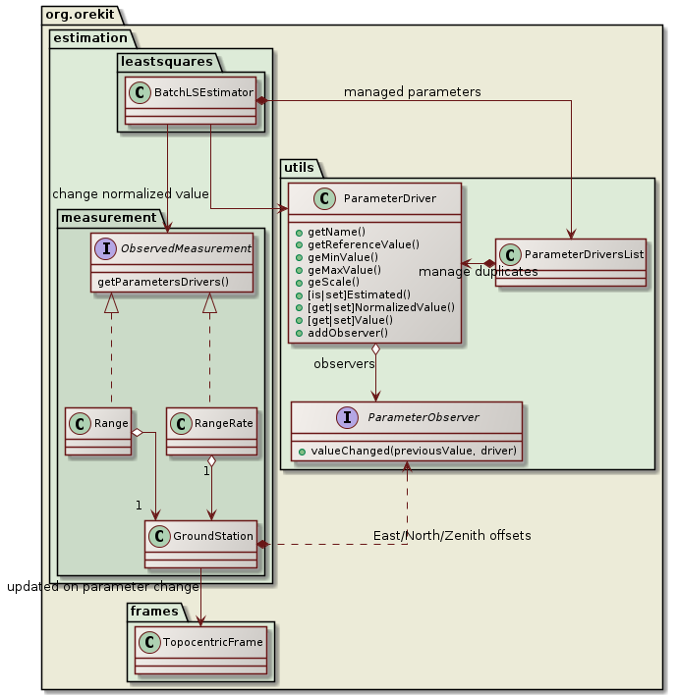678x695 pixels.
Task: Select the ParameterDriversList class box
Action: click(570, 261)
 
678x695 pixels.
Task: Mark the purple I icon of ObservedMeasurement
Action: click(106, 248)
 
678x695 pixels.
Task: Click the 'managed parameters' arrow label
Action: click(412, 92)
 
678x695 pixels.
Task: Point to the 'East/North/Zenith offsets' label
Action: click(452, 535)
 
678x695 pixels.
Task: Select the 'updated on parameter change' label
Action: click(102, 587)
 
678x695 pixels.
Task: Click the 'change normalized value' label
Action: click(130, 193)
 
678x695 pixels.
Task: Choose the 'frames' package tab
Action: click(153, 612)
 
